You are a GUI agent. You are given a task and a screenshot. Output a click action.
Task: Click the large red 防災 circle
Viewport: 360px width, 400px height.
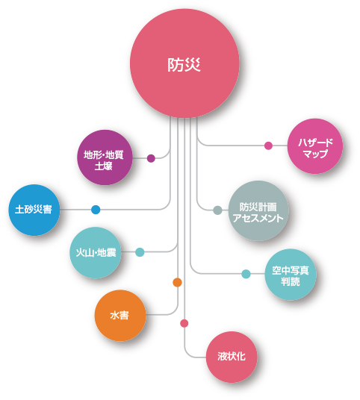[184, 63]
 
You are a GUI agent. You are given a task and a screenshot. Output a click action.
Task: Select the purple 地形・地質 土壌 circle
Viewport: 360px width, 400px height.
[105, 157]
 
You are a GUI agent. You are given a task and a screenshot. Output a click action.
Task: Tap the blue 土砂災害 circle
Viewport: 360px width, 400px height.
[34, 210]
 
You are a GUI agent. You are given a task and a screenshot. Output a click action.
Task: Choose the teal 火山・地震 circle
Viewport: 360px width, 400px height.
[96, 252]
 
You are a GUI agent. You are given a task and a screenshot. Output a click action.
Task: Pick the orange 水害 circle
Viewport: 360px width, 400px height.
[120, 316]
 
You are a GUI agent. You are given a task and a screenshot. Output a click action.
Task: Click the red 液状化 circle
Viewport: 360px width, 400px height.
[232, 357]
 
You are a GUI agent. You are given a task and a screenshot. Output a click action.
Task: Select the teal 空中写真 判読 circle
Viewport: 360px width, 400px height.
[291, 275]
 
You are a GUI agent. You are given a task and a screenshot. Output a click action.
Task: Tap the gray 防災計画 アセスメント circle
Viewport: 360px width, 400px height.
[258, 210]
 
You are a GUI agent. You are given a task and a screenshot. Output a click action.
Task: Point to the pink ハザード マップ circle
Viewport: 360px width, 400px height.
[315, 146]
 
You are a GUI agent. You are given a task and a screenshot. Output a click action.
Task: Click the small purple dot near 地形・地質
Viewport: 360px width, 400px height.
[151, 158]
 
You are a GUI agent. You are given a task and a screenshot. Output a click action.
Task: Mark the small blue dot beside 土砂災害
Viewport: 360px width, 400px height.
[96, 210]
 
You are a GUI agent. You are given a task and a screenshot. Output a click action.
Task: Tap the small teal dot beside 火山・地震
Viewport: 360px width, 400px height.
[140, 252]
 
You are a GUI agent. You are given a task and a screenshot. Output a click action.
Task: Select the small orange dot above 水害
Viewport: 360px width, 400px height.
[177, 282]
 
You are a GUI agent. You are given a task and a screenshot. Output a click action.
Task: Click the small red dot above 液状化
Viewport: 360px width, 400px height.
[184, 323]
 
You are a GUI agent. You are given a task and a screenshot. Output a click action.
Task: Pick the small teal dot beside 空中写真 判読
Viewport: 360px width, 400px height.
[246, 274]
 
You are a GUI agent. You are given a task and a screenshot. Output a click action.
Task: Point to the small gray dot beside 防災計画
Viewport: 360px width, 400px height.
[217, 210]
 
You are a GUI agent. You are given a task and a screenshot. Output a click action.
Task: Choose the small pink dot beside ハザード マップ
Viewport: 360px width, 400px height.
[268, 146]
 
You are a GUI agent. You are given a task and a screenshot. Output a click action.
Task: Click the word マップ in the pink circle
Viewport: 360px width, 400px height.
[315, 154]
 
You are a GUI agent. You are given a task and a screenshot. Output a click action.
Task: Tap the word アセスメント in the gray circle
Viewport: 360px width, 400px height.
[258, 218]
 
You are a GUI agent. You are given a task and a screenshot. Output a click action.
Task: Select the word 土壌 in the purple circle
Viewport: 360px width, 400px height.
[103, 166]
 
